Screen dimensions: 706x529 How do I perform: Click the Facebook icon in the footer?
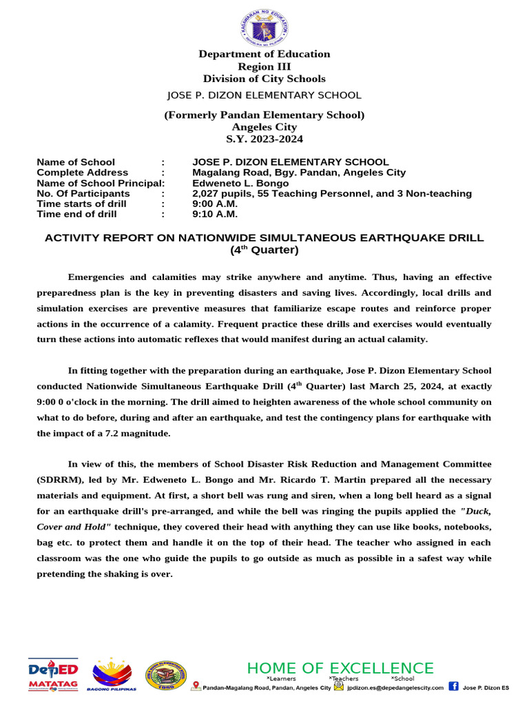point(453,686)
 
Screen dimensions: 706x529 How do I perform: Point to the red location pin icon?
point(196,686)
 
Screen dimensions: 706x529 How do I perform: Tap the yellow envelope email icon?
point(338,687)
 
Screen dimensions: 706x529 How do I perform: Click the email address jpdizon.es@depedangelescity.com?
point(395,687)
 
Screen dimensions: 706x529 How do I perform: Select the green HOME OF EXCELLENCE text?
point(340,668)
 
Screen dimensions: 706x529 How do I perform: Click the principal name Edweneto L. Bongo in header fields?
point(240,183)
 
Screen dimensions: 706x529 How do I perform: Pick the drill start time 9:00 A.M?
point(215,204)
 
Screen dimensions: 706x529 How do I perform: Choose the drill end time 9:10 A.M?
point(215,214)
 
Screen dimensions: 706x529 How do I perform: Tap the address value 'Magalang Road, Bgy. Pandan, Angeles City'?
point(299,173)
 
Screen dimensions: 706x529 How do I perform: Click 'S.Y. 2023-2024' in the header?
point(264,139)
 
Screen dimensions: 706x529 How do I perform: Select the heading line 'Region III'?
point(264,66)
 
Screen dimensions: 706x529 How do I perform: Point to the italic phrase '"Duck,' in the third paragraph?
point(475,511)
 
